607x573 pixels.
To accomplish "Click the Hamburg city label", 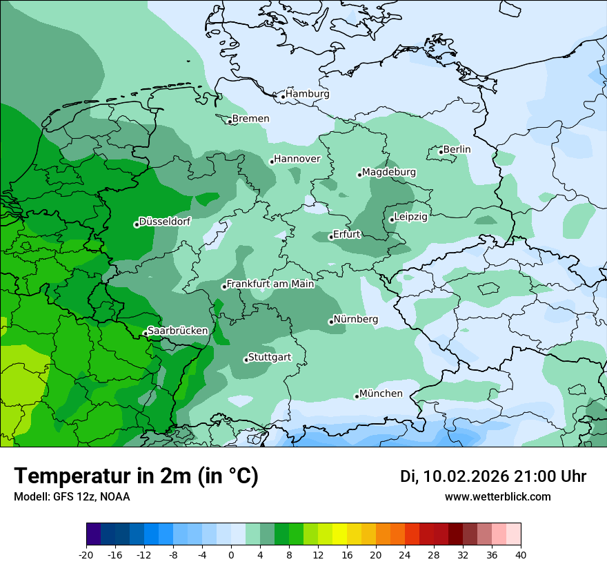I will [308, 94].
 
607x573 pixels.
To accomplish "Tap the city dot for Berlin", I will [441, 152].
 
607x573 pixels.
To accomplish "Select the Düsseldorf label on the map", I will [165, 222].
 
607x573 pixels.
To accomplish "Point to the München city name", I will [381, 394].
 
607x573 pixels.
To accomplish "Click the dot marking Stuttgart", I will [246, 360].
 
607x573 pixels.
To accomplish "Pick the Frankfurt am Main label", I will [270, 284].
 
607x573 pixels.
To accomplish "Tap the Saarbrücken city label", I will [178, 331].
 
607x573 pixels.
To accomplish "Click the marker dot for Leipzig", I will [391, 220].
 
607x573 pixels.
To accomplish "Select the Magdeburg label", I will [389, 172].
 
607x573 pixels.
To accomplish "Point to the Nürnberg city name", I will [356, 320].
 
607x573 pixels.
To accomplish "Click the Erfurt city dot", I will [331, 237].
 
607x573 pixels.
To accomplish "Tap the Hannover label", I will [297, 159].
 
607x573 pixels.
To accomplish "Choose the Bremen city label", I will [251, 119].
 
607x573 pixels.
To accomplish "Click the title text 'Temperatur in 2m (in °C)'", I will [137, 476].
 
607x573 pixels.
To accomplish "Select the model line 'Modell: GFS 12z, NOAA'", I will [72, 496].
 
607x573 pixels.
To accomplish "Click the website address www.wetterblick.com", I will [497, 496].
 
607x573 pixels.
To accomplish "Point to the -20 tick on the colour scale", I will [86, 555].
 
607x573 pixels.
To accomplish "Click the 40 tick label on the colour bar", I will [521, 555].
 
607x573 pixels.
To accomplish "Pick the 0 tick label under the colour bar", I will [231, 555].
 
